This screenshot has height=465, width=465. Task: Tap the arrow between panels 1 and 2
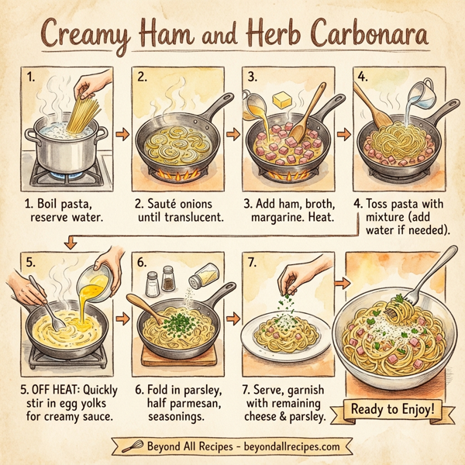pyautogui.click(x=122, y=133)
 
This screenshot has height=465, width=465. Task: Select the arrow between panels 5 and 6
pyautogui.click(x=122, y=317)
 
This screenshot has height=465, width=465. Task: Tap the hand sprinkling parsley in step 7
pyautogui.click(x=293, y=275)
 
